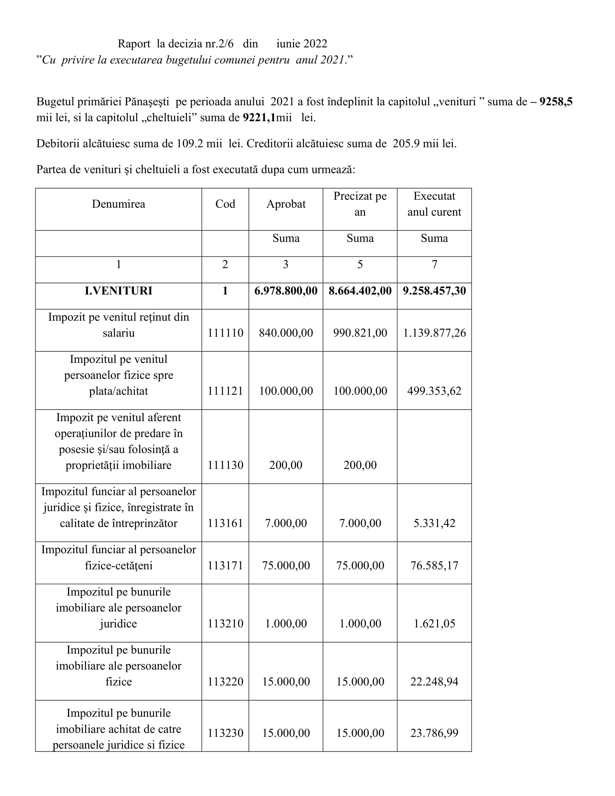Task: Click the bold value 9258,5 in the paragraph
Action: pos(556,102)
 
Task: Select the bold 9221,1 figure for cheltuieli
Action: pos(259,118)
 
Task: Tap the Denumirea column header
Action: pos(118,204)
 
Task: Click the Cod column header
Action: pos(225,204)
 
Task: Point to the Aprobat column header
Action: pos(286,204)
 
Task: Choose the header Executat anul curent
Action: pos(434,204)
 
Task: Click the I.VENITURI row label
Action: pos(118,291)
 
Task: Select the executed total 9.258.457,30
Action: pos(434,291)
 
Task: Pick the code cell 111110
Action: pos(225,333)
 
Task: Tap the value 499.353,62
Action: pos(434,391)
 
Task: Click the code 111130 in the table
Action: pos(225,465)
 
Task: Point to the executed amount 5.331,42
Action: pos(434,524)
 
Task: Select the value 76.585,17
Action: pos(434,566)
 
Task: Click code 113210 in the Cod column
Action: pos(225,624)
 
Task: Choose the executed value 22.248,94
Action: pos(434,682)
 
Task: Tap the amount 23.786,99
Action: pos(434,733)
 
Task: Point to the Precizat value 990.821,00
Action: pos(360,333)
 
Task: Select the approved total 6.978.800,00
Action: pos(286,291)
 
